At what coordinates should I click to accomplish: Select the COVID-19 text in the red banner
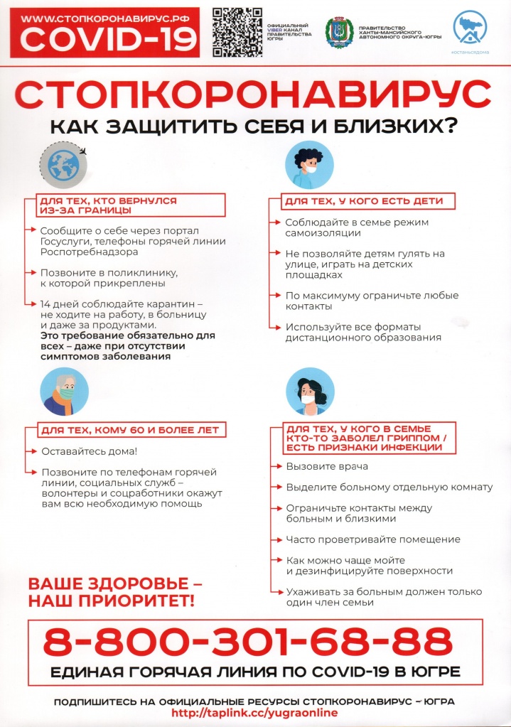(x=107, y=40)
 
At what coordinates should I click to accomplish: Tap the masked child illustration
(x=309, y=165)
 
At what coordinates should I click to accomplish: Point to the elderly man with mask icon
(x=65, y=392)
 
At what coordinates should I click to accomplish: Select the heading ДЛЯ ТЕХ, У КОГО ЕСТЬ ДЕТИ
(x=363, y=201)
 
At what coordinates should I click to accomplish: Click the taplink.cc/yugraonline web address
(x=255, y=713)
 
